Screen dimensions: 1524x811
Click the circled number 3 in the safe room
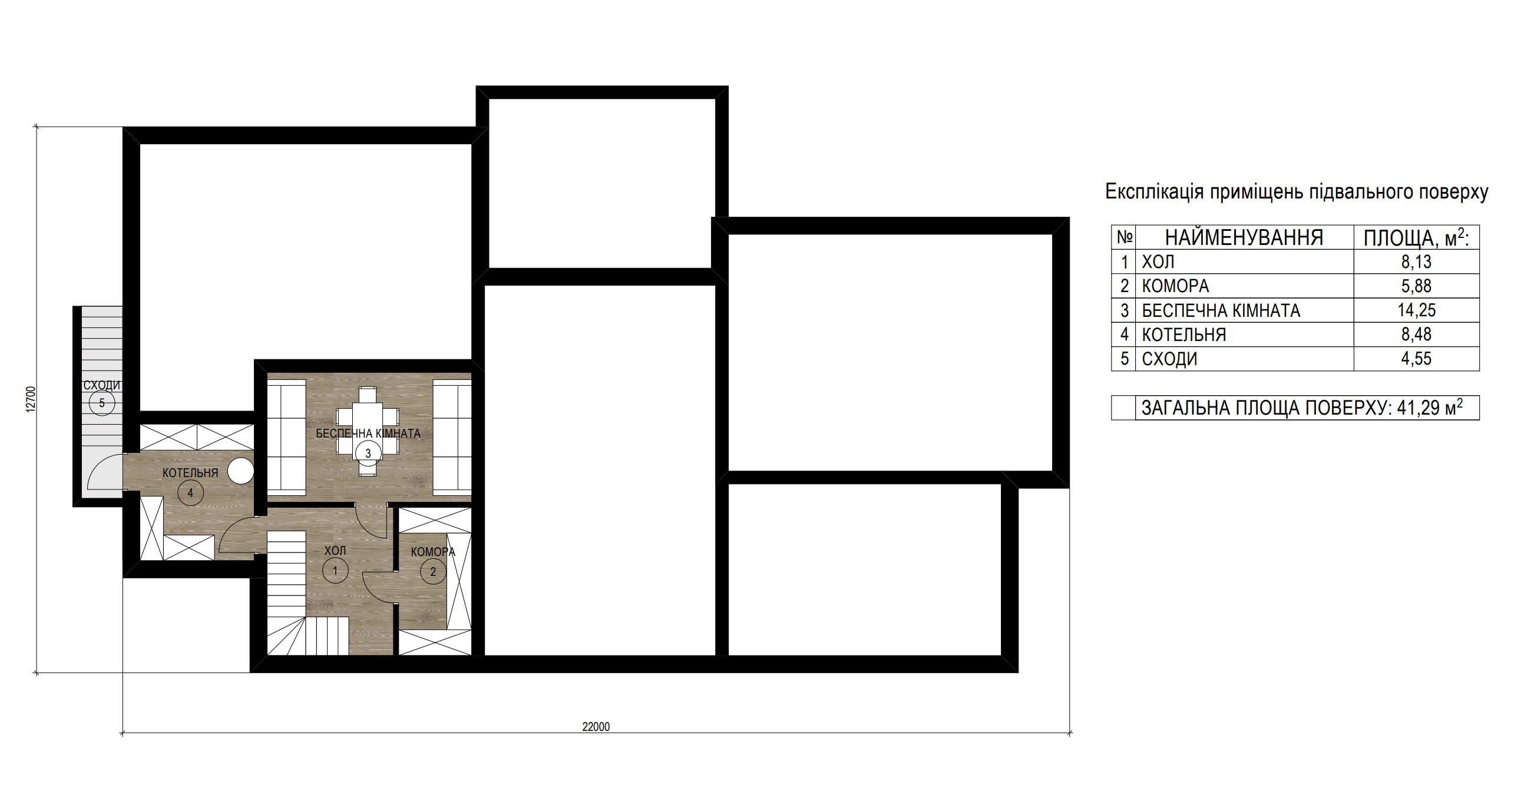pos(368,454)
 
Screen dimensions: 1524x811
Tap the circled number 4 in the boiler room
pos(190,493)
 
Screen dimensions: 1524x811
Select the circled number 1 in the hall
pos(335,570)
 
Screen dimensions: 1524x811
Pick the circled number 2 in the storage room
pos(433,571)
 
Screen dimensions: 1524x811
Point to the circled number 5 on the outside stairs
pos(102,403)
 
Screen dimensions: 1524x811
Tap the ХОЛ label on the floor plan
pos(335,551)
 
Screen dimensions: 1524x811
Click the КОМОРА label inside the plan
pos(433,552)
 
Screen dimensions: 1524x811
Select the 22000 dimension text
pos(596,727)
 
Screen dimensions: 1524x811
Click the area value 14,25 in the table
pos(1416,310)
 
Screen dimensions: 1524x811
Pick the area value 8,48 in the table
pos(1416,334)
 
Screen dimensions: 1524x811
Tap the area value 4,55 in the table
pos(1416,359)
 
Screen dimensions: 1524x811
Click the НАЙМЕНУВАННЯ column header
pos(1244,237)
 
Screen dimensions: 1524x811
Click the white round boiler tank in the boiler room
pos(240,471)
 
